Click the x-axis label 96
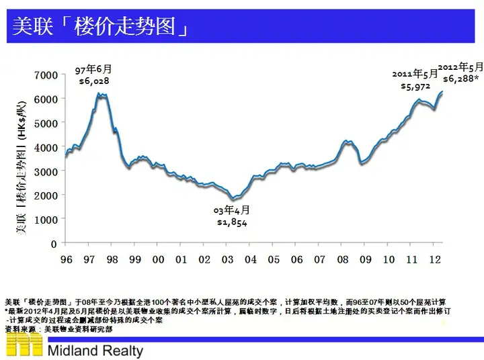67,259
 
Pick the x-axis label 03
227,259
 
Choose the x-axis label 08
342,259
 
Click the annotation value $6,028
94,81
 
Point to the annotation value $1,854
232,222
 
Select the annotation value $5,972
415,86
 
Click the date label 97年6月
93,70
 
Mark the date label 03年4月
232,210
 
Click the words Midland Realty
95,351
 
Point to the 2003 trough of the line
233,198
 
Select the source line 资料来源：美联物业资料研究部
58,330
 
